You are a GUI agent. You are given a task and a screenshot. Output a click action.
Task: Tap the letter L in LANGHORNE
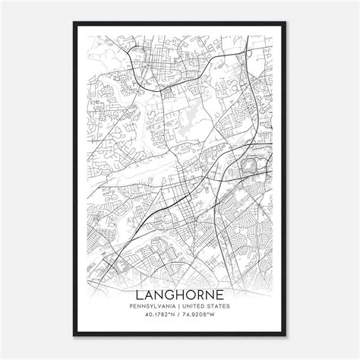[x=139, y=293]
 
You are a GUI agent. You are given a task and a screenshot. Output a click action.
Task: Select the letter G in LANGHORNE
[x=169, y=293]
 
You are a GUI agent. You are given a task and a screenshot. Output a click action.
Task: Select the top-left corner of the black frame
[x=74, y=23]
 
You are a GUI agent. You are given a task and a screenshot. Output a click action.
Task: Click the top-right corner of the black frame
[x=286, y=23]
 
